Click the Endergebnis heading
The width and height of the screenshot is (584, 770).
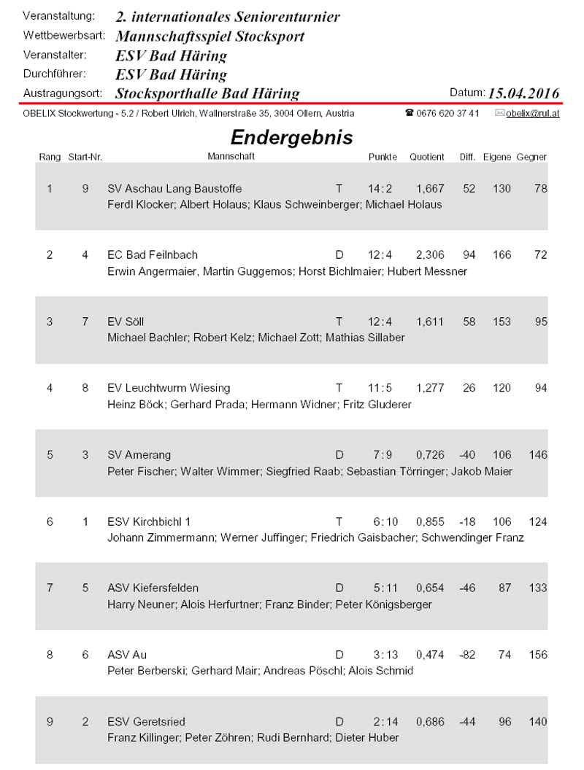pos(291,138)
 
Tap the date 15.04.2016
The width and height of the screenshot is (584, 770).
pos(523,93)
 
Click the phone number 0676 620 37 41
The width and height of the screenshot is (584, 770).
pos(447,114)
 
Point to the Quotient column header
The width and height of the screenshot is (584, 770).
pos(426,157)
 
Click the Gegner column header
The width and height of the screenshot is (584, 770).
pos(531,157)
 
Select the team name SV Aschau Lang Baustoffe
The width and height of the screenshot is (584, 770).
pos(174,189)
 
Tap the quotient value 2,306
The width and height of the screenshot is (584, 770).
pos(430,255)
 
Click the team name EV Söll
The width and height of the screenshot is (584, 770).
pos(127,322)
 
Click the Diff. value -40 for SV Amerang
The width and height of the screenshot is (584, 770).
pos(467,455)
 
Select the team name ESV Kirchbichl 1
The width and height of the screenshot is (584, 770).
pos(149,521)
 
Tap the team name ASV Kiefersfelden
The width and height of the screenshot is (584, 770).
pos(153,588)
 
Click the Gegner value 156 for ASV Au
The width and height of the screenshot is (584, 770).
pos(537,655)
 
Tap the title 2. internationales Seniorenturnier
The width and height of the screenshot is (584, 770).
pos(228,17)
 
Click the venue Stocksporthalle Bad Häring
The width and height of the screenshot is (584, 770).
pos(207,93)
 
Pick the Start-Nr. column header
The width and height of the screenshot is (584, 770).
pos(84,157)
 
